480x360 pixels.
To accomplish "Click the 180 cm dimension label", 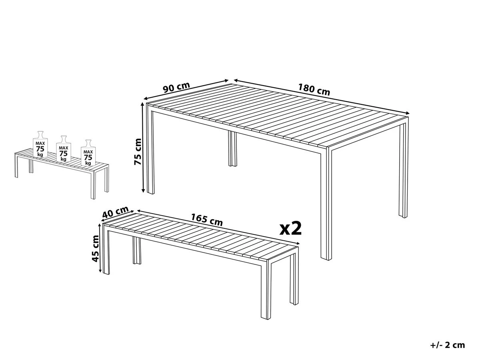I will pos(314,89).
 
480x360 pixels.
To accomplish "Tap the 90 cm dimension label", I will pos(176,87).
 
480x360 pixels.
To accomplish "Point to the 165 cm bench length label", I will pos(206,220).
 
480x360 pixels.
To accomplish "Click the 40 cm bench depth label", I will pos(115,212).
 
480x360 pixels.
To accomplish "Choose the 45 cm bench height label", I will pos(95,248).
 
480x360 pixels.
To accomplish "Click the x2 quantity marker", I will pos(290,228).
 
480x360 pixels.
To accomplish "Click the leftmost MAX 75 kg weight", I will pos(40,145).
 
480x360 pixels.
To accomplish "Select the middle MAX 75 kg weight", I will pos(63,149).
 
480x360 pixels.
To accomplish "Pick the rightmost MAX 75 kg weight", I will pos(88,154).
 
